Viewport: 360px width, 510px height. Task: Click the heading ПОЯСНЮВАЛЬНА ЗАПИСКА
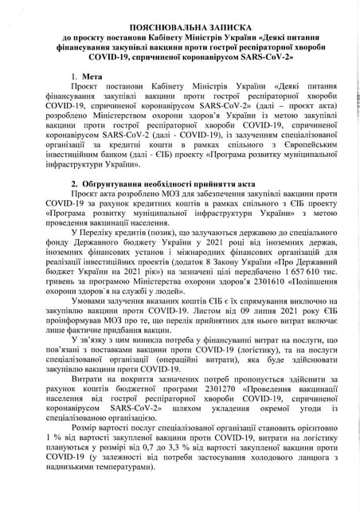click(x=179, y=22)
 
